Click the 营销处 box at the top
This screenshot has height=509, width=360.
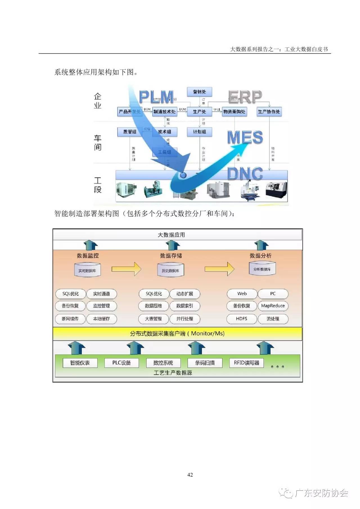[199, 92]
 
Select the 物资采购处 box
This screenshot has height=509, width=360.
[234, 112]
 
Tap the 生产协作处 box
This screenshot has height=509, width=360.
[269, 112]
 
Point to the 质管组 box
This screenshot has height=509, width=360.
[130, 132]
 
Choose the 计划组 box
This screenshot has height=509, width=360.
[199, 132]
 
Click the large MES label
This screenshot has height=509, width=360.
[245, 138]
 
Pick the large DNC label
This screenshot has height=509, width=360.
[245, 174]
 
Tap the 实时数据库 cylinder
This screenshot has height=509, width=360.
[87, 270]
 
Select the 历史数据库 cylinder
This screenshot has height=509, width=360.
[170, 270]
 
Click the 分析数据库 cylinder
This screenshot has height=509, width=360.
[262, 269]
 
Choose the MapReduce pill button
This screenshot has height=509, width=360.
[273, 306]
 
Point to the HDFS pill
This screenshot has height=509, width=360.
[242, 319]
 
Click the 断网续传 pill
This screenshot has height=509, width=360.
[70, 319]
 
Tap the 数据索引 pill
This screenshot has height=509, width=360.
[185, 306]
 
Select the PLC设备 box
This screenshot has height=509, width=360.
[121, 363]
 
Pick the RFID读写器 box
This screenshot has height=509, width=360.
[246, 363]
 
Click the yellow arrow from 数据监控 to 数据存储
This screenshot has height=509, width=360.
[126, 269]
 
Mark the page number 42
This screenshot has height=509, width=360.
[190, 475]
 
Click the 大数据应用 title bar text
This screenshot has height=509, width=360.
[171, 235]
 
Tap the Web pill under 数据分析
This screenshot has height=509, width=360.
[242, 294]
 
